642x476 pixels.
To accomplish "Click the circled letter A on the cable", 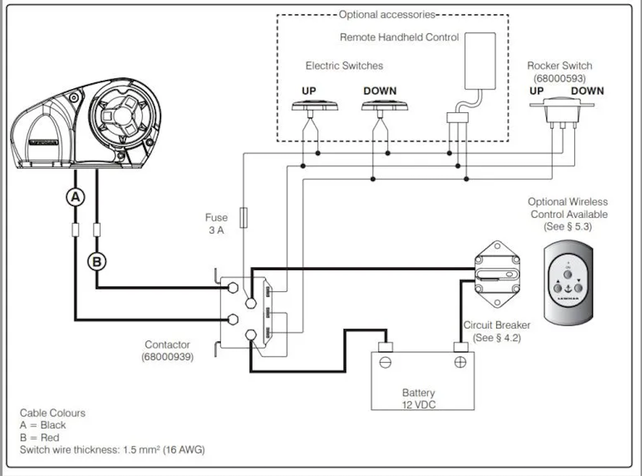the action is (75, 197).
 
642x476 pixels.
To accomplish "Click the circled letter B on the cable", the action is (97, 262).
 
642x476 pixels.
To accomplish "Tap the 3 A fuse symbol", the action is (244, 218).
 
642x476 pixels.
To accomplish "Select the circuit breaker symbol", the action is (497, 274).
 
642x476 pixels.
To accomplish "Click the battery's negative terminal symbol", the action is (385, 363).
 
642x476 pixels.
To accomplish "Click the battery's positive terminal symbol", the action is (460, 362).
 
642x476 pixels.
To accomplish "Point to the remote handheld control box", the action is (480, 61).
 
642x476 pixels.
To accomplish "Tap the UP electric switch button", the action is (315, 106).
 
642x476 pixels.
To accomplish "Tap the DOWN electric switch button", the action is (385, 106).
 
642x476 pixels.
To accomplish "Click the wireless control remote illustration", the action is (568, 282).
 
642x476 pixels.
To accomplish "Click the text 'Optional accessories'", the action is (387, 15).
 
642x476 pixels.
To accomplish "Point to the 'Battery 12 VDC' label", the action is (418, 398).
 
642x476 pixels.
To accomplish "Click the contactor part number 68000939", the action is (167, 357).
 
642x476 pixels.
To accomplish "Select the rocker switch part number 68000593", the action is (560, 78).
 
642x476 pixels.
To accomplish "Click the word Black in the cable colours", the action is (53, 425).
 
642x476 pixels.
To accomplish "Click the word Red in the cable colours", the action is (50, 438).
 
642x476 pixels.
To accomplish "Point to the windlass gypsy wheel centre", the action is (123, 115).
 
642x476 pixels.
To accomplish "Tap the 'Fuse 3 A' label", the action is (216, 224).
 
